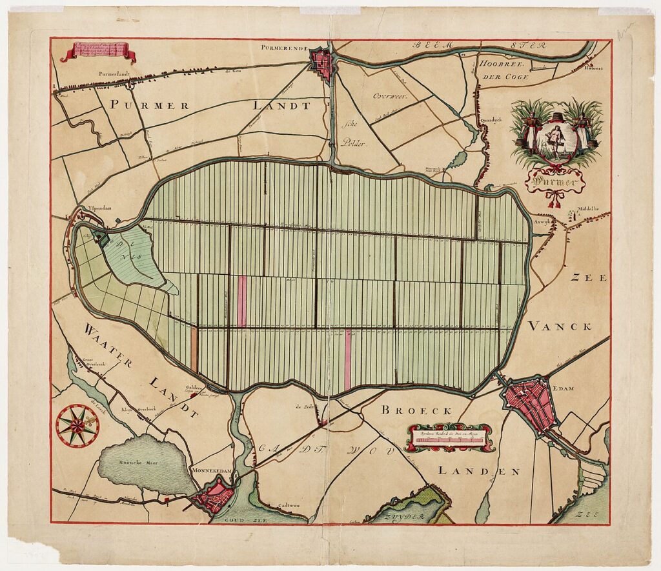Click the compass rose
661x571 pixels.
(77, 425)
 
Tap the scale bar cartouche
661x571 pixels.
(449, 437)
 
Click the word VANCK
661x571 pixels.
(560, 326)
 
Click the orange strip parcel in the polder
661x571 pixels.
(194, 349)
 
